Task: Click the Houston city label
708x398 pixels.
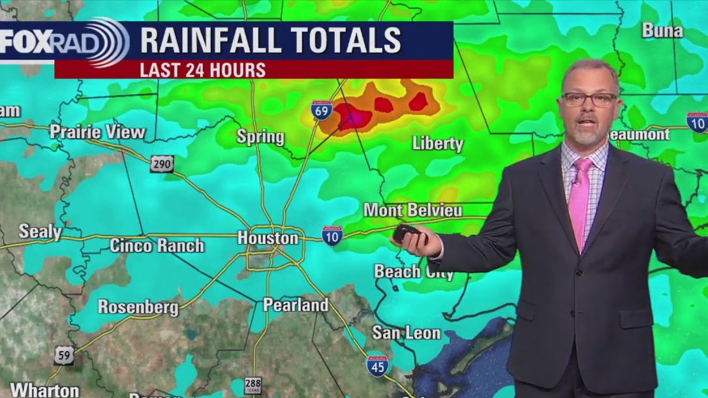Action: click(x=268, y=238)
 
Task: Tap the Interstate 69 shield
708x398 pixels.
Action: click(x=322, y=112)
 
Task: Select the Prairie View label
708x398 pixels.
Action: click(x=98, y=132)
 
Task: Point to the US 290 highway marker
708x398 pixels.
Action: click(x=162, y=164)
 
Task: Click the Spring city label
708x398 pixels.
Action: click(x=260, y=137)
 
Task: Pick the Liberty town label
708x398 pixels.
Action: click(x=437, y=144)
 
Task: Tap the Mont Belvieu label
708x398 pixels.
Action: click(x=412, y=210)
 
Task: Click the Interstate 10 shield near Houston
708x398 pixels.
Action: click(x=332, y=236)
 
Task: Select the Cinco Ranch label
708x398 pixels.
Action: click(x=157, y=246)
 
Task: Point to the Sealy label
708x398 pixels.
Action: click(x=40, y=232)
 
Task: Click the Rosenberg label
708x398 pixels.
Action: click(x=138, y=307)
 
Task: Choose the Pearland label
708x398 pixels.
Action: click(x=296, y=305)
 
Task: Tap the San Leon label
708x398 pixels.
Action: click(x=406, y=333)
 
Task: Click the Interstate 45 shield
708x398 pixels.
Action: click(x=377, y=366)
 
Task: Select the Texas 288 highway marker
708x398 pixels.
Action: click(x=253, y=386)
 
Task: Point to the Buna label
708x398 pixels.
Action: click(x=662, y=30)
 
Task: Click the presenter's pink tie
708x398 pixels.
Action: click(x=579, y=202)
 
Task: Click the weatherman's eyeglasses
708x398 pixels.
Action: click(x=589, y=99)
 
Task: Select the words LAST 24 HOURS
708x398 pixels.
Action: click(x=202, y=70)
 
